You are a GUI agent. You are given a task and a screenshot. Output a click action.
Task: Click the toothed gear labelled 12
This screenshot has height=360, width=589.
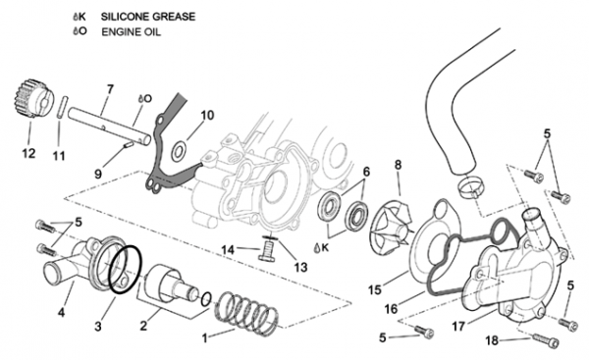tap(31, 98)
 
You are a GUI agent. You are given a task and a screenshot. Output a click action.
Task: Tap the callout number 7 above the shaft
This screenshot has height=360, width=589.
tap(110, 89)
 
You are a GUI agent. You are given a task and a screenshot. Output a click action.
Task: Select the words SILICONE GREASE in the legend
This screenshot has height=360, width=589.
tap(148, 17)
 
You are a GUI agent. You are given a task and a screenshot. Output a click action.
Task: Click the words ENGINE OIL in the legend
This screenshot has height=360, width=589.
tap(132, 32)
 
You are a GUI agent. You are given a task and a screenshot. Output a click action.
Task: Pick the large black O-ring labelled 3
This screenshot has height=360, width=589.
tap(125, 269)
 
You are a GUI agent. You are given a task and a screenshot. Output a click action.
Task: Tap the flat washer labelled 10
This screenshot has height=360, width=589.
tap(179, 151)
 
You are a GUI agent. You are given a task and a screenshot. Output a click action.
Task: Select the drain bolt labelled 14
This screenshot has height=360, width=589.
tap(266, 251)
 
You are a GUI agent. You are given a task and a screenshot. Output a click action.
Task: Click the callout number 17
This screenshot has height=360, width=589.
tap(457, 327)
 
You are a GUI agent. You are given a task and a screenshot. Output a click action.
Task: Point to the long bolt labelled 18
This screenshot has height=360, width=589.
tap(545, 340)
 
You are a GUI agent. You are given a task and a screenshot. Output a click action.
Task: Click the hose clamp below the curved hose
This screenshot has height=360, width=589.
tap(470, 187)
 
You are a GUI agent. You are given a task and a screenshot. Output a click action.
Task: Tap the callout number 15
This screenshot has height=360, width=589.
tap(375, 289)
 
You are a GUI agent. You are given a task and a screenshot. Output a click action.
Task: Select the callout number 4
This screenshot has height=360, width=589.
tap(61, 312)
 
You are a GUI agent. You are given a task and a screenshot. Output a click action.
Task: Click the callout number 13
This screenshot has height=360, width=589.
tap(300, 267)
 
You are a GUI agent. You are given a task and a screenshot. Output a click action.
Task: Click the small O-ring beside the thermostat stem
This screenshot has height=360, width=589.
tap(205, 299)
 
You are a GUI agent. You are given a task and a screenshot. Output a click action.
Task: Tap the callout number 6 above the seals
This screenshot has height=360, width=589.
tap(366, 172)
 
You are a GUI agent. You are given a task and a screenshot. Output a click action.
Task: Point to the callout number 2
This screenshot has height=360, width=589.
tap(143, 326)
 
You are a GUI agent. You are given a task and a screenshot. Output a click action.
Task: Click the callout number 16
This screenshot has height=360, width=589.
tap(391, 309)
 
